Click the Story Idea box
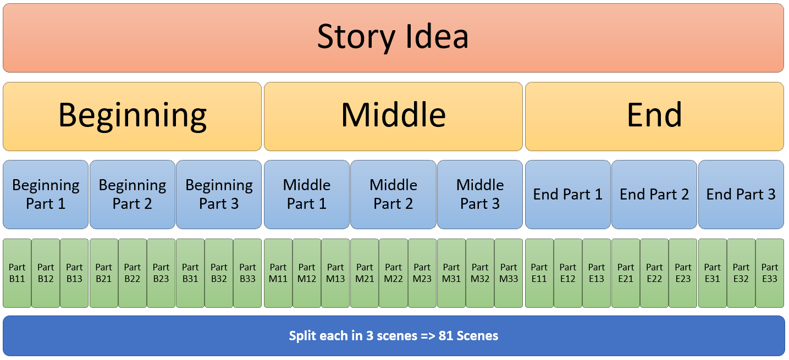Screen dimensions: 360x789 [x=393, y=37]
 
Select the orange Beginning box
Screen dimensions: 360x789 [x=132, y=116]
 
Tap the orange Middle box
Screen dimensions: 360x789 [x=393, y=116]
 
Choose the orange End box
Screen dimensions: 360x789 [x=654, y=116]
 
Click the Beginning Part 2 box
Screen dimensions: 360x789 [x=133, y=194]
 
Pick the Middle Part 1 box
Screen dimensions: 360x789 [x=307, y=194]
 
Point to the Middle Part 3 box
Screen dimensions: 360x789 [x=480, y=194]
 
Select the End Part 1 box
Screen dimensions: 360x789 [x=567, y=194]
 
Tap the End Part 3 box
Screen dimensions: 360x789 [x=741, y=194]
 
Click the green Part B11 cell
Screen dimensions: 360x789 [x=17, y=273]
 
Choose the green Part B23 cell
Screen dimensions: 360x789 [x=161, y=273]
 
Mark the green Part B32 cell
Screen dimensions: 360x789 [x=219, y=273]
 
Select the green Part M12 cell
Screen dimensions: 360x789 [x=307, y=273]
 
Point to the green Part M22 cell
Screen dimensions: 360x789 [x=393, y=273]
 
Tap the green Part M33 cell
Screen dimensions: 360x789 [x=509, y=273]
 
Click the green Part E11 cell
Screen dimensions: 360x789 [x=539, y=273]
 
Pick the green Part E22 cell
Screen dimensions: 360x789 [x=654, y=273]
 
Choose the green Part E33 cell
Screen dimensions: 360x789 [x=770, y=273]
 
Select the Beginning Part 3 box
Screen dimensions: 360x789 [x=219, y=194]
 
